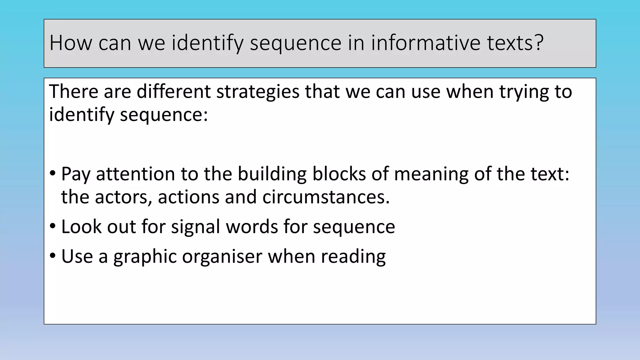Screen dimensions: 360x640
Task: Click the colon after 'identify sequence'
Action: click(x=205, y=115)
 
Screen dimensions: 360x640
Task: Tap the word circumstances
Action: click(x=326, y=197)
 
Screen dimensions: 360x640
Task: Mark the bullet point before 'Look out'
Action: click(x=52, y=225)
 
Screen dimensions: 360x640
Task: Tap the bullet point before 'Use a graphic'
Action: click(x=52, y=255)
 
